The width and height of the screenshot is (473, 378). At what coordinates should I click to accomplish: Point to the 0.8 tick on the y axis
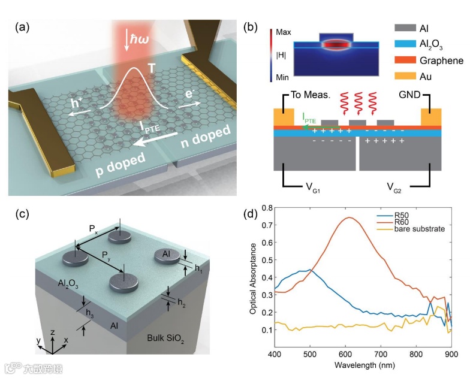(263, 208)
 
